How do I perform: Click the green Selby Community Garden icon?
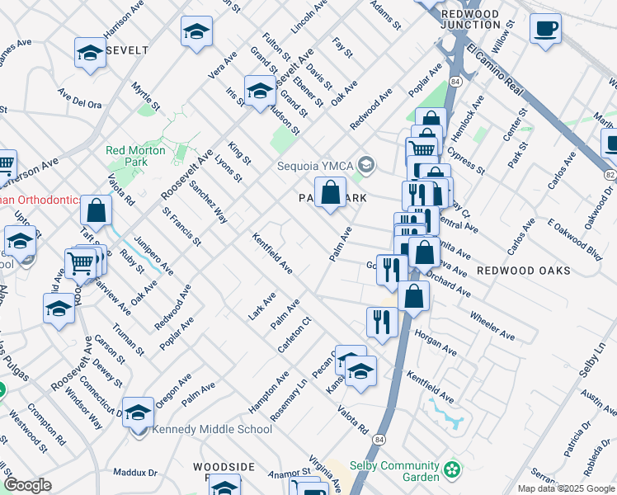pyautogui.click(x=451, y=471)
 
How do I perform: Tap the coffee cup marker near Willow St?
pyautogui.click(x=545, y=31)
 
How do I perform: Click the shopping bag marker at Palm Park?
pyautogui.click(x=330, y=194)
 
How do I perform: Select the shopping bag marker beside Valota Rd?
pyautogui.click(x=97, y=212)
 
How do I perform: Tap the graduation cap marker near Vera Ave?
pyautogui.click(x=196, y=33)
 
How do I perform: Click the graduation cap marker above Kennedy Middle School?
pyautogui.click(x=139, y=412)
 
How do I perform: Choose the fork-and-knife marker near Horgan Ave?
pyautogui.click(x=381, y=322)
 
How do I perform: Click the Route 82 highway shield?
pyautogui.click(x=610, y=175)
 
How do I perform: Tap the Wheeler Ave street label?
pyautogui.click(x=492, y=326)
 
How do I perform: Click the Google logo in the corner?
pyautogui.click(x=27, y=485)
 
